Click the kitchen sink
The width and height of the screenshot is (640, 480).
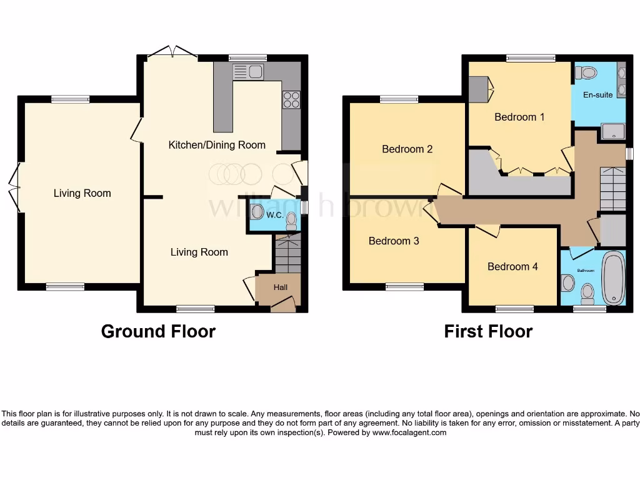pyautogui.click(x=249, y=72)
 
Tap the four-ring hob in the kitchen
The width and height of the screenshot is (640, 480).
pyautogui.click(x=292, y=100)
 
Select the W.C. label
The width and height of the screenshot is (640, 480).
pyautogui.click(x=275, y=216)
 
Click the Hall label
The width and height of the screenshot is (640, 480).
pyautogui.click(x=281, y=287)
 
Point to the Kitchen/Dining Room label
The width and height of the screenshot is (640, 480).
pyautogui.click(x=217, y=145)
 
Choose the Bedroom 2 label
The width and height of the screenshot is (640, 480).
pyautogui.click(x=407, y=149)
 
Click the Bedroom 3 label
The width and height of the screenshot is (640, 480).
pyautogui.click(x=394, y=241)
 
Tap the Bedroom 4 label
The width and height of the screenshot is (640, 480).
pyautogui.click(x=512, y=267)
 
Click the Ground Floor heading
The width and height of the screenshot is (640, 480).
pyautogui.click(x=158, y=331)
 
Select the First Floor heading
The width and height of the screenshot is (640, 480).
pyautogui.click(x=488, y=331)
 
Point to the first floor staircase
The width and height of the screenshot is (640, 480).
pyautogui.click(x=612, y=187)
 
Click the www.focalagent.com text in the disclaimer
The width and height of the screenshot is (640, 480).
pyautogui.click(x=409, y=432)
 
